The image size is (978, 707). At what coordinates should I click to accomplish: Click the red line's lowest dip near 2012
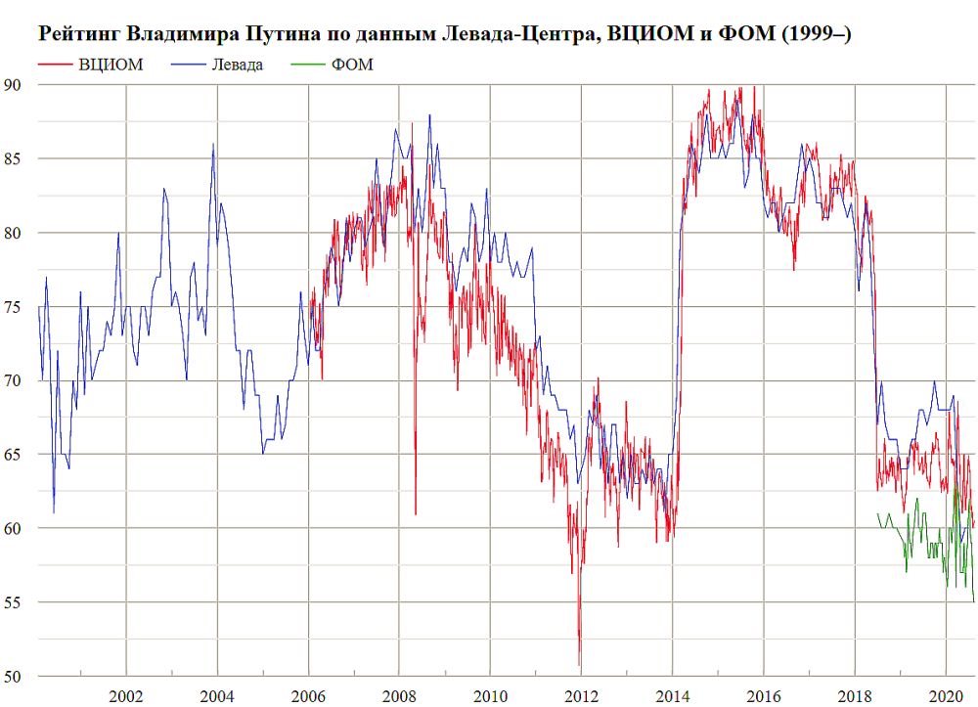pyautogui.click(x=579, y=665)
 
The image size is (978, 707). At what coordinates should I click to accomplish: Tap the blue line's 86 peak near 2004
pyautogui.click(x=213, y=145)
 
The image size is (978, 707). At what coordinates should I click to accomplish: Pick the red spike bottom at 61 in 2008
pyautogui.click(x=416, y=513)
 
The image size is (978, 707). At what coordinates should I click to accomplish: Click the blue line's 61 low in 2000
pyautogui.click(x=54, y=512)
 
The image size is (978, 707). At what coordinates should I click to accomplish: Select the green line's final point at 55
pyautogui.click(x=974, y=601)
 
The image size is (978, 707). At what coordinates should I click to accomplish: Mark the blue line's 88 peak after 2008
pyautogui.click(x=429, y=115)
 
